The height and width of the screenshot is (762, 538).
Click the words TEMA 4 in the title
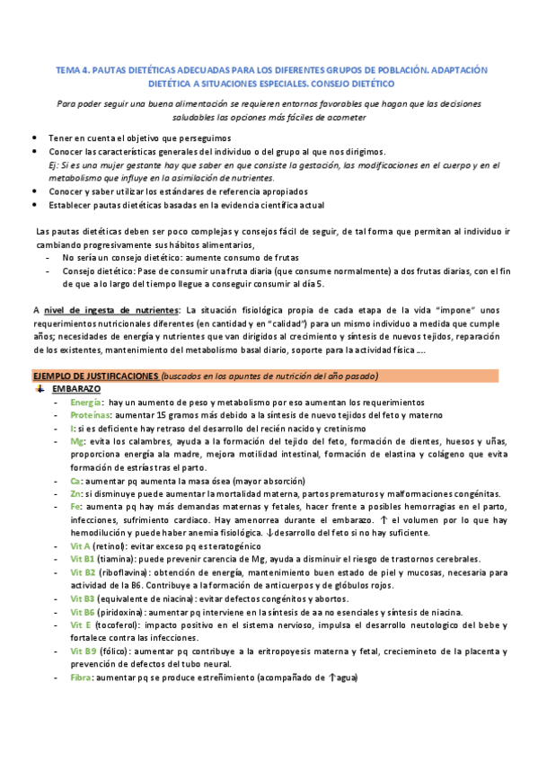point(73,68)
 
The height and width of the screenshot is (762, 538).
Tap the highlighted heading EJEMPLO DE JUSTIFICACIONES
point(96,375)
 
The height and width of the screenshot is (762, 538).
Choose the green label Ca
point(75,482)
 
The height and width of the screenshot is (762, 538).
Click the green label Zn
point(75,495)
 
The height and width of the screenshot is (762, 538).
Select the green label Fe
point(75,508)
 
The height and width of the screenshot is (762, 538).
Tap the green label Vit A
point(81,546)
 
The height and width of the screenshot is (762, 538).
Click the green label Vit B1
point(84,559)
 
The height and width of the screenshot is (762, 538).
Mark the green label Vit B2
point(84,572)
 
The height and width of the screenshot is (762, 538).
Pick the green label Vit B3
point(84,598)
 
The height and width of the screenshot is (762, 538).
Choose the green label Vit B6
point(84,612)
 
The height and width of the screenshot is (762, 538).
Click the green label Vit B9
point(84,651)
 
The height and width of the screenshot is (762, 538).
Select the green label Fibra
point(81,678)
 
